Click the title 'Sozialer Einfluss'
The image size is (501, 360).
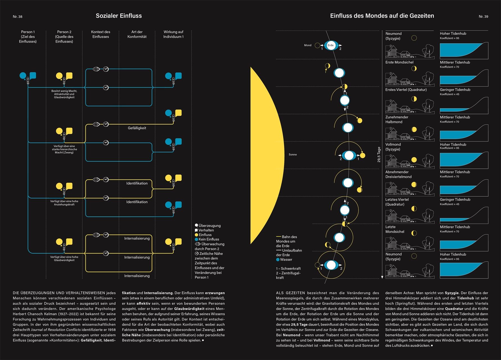[119, 16]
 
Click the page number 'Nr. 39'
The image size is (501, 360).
[483, 17]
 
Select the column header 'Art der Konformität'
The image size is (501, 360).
[137, 34]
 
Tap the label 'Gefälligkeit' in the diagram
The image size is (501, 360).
[137, 128]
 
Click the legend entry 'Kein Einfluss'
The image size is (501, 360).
[208, 239]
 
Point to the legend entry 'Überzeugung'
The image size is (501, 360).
[209, 226]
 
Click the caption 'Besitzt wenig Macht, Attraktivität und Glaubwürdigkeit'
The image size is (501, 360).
[64, 94]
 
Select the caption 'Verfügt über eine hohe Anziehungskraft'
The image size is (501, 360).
[64, 203]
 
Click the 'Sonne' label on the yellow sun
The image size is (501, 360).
[293, 155]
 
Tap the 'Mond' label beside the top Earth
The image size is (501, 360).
[308, 45]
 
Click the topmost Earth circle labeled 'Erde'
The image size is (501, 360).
[331, 45]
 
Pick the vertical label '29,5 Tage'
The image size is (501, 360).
[379, 154]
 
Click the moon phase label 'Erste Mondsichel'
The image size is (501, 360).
[399, 62]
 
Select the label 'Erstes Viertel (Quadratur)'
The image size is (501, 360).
[406, 90]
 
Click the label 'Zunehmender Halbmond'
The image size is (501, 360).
[397, 120]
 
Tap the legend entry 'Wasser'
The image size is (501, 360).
[286, 260]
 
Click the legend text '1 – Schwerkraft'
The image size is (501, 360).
[288, 269]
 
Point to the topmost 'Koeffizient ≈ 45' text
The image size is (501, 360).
[450, 94]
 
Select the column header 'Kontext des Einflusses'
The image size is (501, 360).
[101, 34]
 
